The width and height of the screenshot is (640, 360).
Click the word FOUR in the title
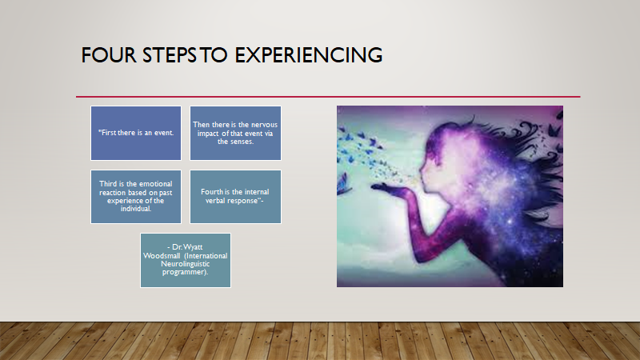109,55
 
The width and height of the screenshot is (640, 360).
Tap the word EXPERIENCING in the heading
309,55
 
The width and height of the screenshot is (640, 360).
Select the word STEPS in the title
170,55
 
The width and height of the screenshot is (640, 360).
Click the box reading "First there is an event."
136,133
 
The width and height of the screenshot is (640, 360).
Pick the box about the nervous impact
235,133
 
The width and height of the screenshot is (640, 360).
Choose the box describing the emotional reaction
136,197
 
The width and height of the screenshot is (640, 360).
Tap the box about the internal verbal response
235,197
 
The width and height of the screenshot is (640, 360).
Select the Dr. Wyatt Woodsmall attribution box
186,261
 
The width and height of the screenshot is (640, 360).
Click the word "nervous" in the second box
264,125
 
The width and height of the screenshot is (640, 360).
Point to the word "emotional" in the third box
155,184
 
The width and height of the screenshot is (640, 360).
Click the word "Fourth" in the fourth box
212,192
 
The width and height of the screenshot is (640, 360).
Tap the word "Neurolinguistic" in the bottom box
186,264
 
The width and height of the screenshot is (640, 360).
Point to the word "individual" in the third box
135,209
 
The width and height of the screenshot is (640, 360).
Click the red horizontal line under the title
328,97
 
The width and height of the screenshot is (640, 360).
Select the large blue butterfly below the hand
344,185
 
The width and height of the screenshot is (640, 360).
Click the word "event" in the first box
163,133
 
